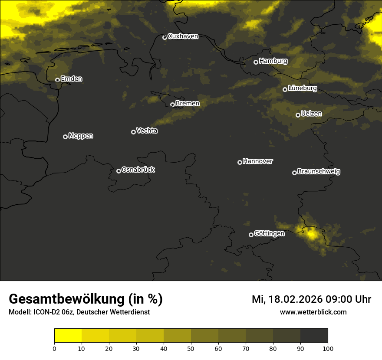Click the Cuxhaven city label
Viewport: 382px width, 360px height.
click(183, 36)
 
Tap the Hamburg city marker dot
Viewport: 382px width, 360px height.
click(256, 62)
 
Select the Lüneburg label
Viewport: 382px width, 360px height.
click(303, 88)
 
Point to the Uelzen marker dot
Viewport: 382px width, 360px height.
click(298, 115)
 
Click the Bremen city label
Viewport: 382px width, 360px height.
click(188, 104)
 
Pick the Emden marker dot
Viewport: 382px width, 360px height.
click(57, 80)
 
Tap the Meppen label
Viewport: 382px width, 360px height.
click(81, 136)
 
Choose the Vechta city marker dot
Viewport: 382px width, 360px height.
click(133, 132)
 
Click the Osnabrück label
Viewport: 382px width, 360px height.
click(138, 170)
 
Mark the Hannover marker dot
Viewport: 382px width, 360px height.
click(240, 162)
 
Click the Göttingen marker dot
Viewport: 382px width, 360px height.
click(251, 235)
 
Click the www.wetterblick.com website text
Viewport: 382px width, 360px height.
click(313, 312)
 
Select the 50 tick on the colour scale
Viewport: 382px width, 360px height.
click(191, 348)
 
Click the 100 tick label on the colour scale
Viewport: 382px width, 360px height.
click(328, 348)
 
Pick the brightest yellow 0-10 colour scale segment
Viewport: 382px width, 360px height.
click(68, 336)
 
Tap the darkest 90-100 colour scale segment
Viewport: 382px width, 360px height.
click(314, 336)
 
